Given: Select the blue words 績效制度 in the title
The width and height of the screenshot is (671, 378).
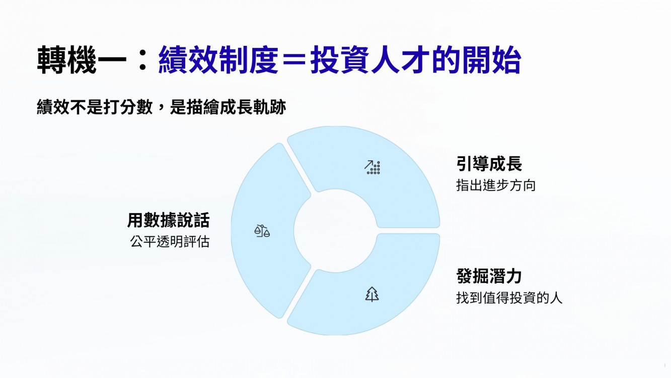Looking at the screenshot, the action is tap(218, 59).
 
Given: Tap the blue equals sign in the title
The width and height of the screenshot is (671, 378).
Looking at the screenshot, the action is tap(294, 60).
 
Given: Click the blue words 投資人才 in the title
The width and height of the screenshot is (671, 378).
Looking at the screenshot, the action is tap(369, 59).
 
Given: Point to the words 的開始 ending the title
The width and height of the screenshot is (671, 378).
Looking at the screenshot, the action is tap(476, 59).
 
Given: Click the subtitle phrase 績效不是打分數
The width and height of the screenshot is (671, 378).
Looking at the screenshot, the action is tap(95, 107).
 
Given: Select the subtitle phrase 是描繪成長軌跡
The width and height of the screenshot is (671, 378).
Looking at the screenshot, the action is tap(228, 107).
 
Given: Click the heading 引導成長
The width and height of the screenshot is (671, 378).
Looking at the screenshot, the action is tap(489, 163).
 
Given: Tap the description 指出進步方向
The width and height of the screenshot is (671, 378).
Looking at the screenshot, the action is tap(496, 185).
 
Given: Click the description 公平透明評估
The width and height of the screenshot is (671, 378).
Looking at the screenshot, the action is tap(170, 241).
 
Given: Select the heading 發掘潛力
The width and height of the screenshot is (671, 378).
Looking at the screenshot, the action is tap(489, 276).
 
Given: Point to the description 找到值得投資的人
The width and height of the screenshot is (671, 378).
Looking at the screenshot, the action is tap(509, 298).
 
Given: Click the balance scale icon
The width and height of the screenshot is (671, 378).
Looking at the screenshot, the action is tap(262, 231).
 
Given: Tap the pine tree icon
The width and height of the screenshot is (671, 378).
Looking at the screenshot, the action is tap(372, 294).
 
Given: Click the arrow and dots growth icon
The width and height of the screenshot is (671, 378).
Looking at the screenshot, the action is tap(372, 167).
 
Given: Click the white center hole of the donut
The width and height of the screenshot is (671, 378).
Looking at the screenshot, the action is tap(335, 231).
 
